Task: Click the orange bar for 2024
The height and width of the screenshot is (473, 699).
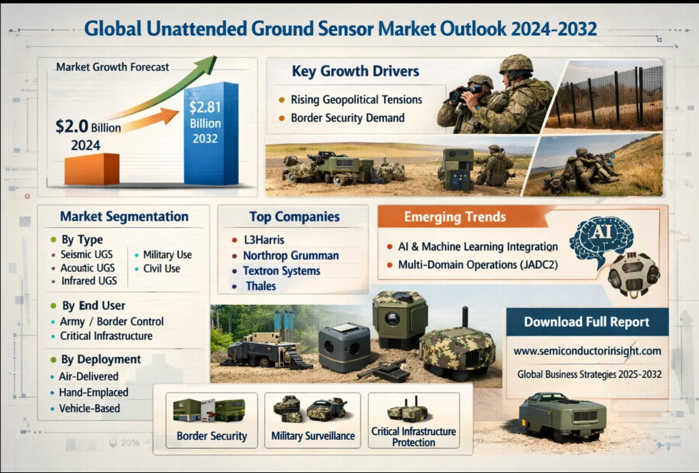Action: (x=92, y=169)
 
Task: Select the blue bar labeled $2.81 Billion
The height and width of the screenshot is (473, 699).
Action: (x=211, y=134)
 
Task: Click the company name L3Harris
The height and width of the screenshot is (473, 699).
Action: (x=264, y=240)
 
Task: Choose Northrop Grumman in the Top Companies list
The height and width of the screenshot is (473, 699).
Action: (x=291, y=255)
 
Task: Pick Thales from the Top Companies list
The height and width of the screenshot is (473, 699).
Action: (x=261, y=286)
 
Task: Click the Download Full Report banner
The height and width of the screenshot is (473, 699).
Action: (x=587, y=322)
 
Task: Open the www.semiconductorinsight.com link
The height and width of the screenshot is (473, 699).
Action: (x=587, y=351)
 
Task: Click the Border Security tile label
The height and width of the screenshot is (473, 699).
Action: (x=212, y=436)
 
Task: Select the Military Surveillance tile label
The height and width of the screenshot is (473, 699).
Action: (x=313, y=436)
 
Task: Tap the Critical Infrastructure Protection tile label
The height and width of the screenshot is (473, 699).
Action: (x=414, y=437)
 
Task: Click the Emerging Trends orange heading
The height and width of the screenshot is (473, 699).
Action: (x=455, y=217)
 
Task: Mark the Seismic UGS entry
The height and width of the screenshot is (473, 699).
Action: (x=86, y=255)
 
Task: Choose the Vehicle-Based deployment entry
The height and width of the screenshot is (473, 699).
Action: (x=90, y=408)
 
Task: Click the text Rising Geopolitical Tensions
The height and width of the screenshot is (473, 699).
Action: (x=356, y=99)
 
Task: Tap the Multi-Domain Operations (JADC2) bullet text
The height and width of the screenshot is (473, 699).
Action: (x=478, y=265)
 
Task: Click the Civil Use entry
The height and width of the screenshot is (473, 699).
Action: (x=161, y=269)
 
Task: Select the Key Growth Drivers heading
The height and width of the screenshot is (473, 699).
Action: (x=356, y=71)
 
